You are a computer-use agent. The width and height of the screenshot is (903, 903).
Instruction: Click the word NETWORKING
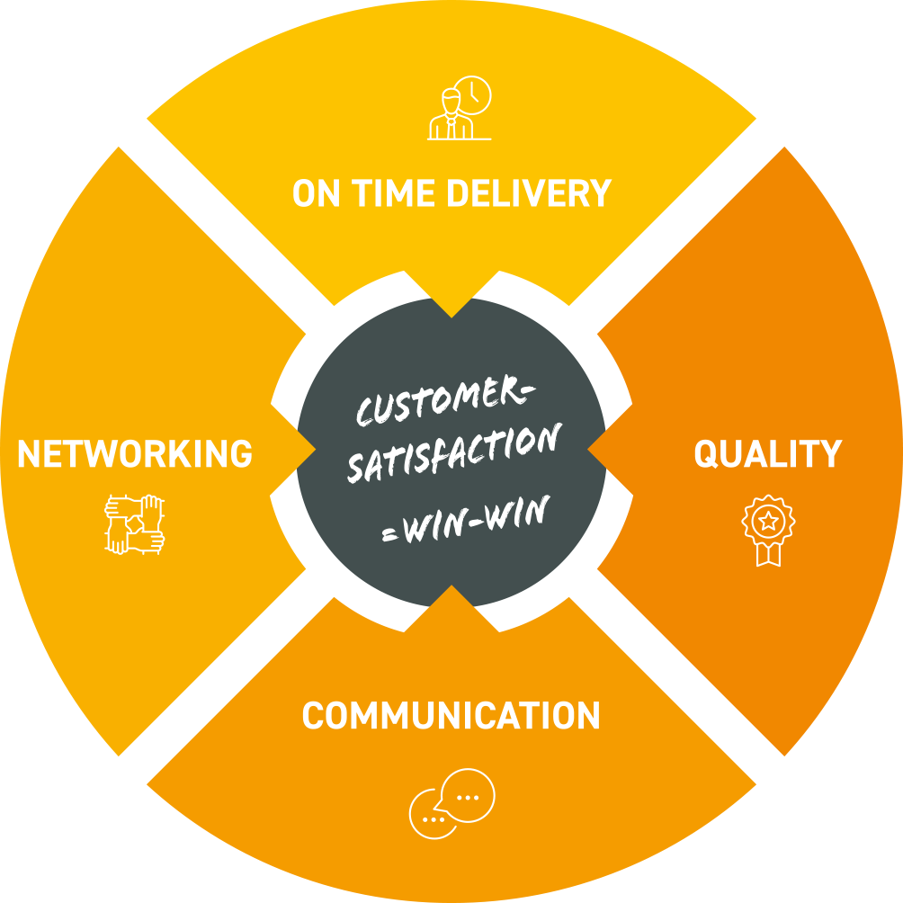(x=135, y=454)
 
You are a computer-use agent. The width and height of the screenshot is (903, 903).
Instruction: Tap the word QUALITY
(x=767, y=454)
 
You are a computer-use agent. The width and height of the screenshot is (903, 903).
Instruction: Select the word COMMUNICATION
(x=451, y=716)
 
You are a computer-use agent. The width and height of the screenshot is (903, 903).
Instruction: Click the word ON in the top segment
(x=316, y=193)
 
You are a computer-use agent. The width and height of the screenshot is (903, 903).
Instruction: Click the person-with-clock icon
(x=460, y=109)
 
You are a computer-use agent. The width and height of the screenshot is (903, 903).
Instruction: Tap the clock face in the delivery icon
(x=474, y=94)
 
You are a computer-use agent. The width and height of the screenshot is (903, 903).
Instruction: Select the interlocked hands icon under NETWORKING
(x=135, y=523)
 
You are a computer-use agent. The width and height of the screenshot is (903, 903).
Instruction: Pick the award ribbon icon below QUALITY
(x=767, y=532)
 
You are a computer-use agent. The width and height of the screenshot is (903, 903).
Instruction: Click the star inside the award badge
(x=767, y=519)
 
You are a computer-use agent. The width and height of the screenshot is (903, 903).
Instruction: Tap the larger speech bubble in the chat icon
(x=469, y=795)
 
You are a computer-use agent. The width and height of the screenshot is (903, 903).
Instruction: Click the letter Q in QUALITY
(x=707, y=454)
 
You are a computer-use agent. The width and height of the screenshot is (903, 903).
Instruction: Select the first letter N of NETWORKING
(x=30, y=454)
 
